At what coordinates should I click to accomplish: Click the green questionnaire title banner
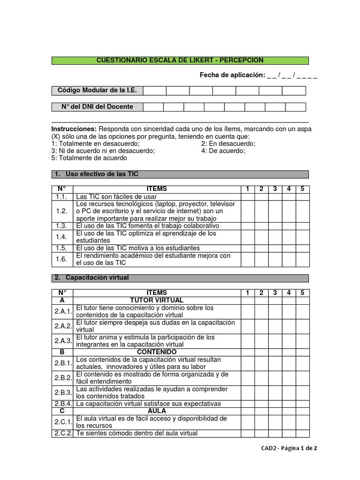[180, 60]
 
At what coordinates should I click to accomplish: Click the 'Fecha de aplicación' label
[232, 75]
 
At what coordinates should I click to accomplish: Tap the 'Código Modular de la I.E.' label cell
[97, 90]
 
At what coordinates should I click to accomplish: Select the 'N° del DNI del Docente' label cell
[97, 107]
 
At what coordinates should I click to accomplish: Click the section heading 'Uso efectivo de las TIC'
[102, 174]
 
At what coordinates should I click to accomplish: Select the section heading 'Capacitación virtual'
[97, 278]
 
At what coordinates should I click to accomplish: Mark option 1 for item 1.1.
[247, 197]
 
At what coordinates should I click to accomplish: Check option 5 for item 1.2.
[302, 211]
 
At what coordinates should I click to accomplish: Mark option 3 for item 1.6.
[275, 260]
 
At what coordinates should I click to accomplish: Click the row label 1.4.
[62, 237]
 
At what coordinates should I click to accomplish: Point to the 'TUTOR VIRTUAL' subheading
[157, 300]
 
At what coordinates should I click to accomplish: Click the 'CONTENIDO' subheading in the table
[157, 352]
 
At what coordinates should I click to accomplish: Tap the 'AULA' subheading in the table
[157, 411]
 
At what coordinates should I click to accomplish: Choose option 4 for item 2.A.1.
[289, 312]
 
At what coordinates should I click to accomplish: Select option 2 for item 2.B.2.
[261, 378]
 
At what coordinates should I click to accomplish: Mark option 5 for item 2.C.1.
[302, 422]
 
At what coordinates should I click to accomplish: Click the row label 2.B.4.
[62, 404]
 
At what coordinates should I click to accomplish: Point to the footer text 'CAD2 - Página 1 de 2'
[289, 448]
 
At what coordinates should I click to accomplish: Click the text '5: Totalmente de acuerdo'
[89, 158]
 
